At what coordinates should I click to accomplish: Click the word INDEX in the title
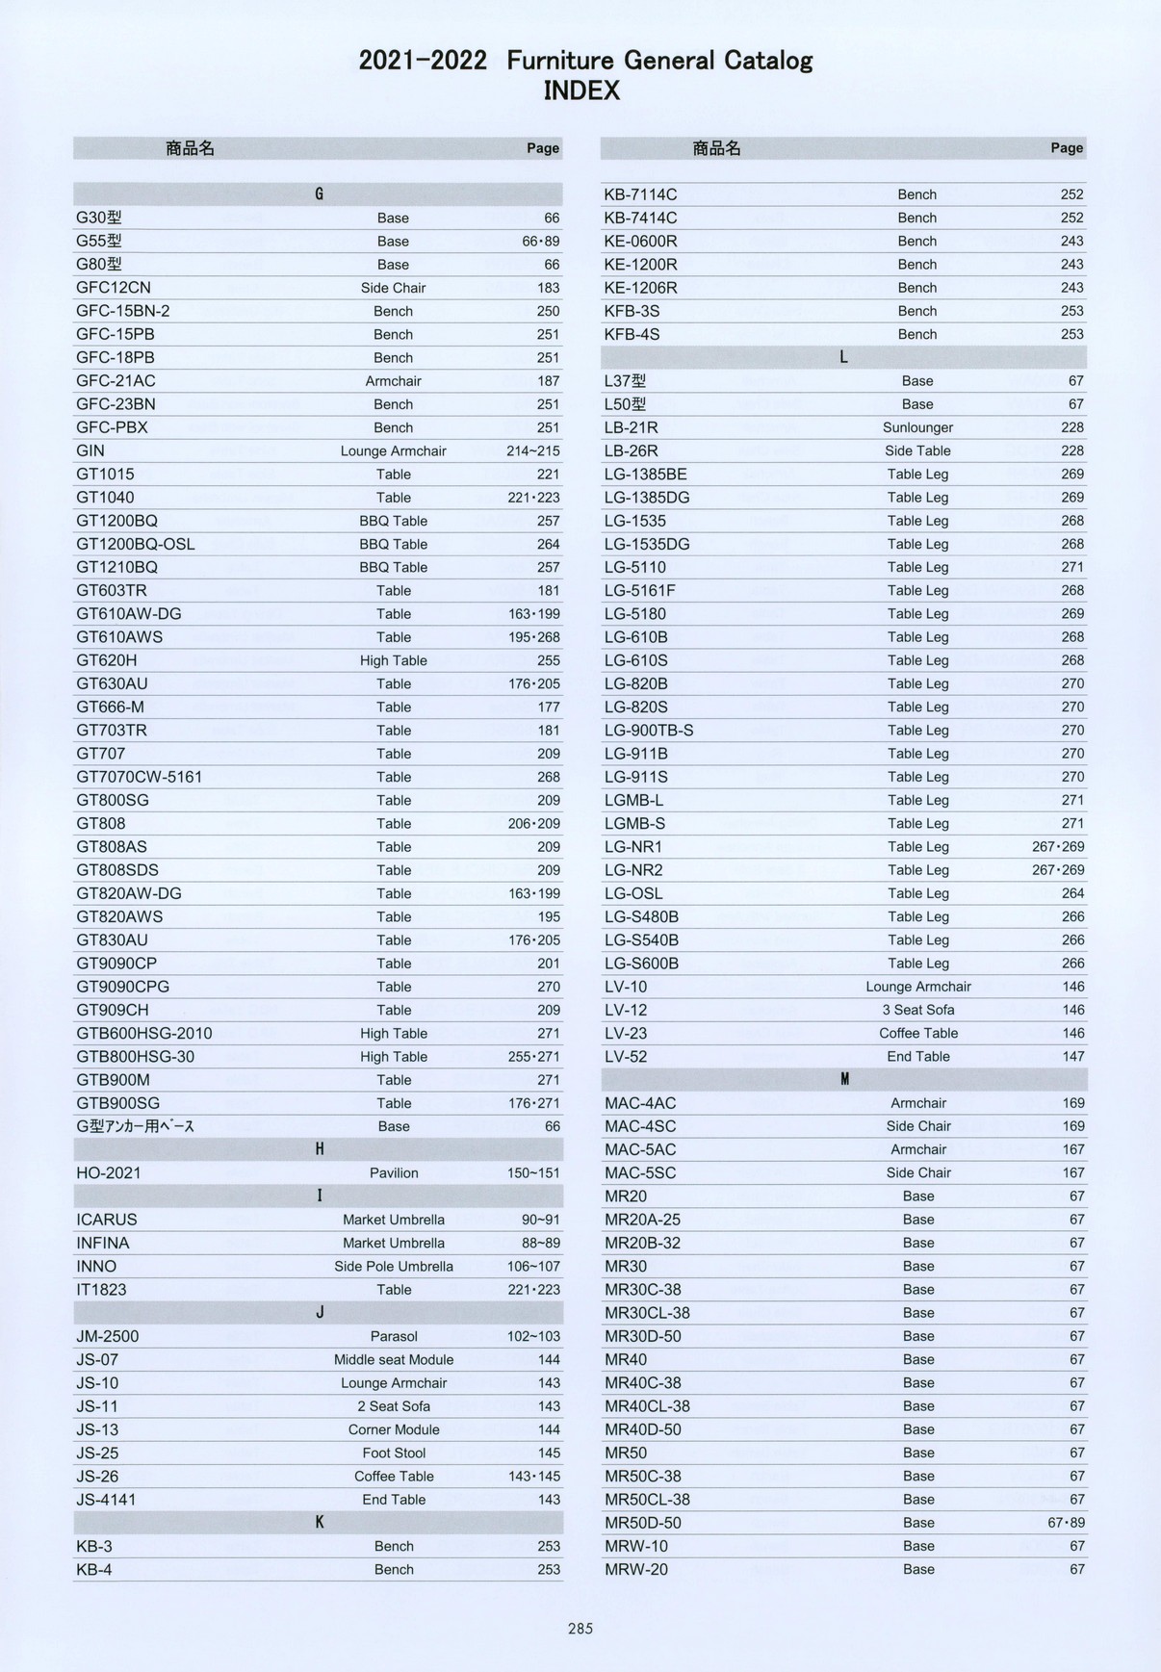pos(581,91)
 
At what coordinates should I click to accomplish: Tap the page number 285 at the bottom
pos(580,1629)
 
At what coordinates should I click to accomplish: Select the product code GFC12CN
pos(114,288)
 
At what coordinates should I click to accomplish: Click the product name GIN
pos(90,450)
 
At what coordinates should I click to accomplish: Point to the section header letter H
pos(320,1149)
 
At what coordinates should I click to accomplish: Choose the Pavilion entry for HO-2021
pos(394,1172)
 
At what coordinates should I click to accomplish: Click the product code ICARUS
pos(107,1220)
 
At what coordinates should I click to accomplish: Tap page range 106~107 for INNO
pos(533,1266)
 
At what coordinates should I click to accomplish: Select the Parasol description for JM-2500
pos(394,1336)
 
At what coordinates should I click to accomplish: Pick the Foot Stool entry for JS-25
pos(394,1453)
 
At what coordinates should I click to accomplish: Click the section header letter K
pos(320,1522)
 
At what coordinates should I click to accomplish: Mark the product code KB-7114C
pos(640,194)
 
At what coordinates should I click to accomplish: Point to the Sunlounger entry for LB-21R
pos(917,427)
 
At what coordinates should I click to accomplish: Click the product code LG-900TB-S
pos(649,731)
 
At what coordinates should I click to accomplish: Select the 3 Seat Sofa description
pos(917,1010)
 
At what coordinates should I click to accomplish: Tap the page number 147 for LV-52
pos(1072,1056)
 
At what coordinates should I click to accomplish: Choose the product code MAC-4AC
pos(640,1103)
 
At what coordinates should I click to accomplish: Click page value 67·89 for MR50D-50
pos(1066,1523)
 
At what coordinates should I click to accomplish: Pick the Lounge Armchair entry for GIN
pos(394,450)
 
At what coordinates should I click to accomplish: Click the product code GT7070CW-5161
pos(140,777)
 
